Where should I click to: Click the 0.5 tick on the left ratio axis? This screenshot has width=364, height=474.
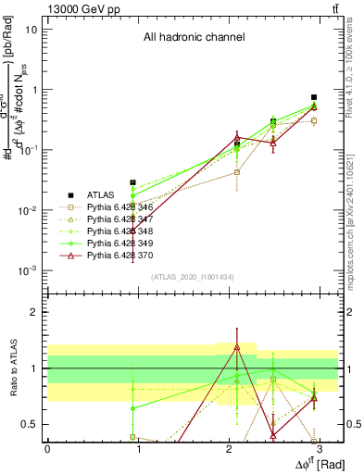(x=34, y=424)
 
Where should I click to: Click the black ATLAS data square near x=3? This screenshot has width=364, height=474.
(x=314, y=97)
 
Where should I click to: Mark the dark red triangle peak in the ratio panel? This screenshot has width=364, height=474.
(x=237, y=347)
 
